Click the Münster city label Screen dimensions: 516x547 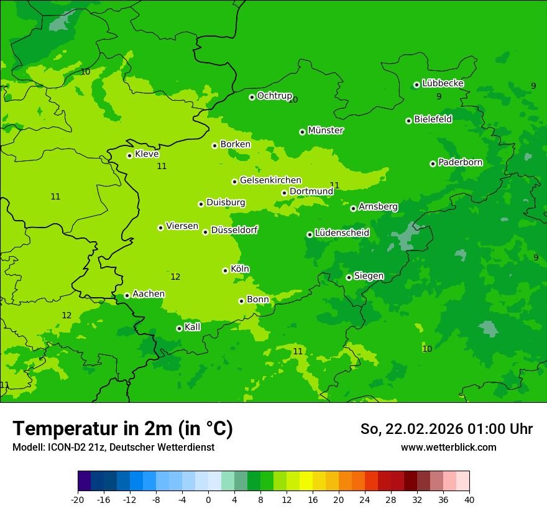click(x=326, y=131)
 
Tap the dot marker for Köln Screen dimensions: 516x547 click(x=225, y=270)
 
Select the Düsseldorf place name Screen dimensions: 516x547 click(x=234, y=230)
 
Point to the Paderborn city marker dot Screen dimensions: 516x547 click(x=433, y=164)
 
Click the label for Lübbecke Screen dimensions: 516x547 click(x=443, y=83)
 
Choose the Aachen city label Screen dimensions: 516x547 click(x=149, y=294)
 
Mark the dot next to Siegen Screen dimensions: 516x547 click(x=349, y=277)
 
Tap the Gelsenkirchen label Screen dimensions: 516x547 click(x=270, y=180)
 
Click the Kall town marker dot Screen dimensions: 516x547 click(x=179, y=328)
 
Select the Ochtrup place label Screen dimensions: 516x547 click(x=274, y=96)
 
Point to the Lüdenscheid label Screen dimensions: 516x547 click(x=342, y=233)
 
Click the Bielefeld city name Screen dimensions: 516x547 click(x=433, y=119)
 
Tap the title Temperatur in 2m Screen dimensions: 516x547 click(x=122, y=429)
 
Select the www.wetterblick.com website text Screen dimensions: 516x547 click(x=448, y=448)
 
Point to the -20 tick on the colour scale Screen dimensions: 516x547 click(x=78, y=499)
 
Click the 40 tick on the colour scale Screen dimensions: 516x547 click(x=469, y=499)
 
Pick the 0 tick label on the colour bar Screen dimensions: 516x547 click(x=208, y=499)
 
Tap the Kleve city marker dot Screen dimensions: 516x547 click(x=129, y=155)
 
